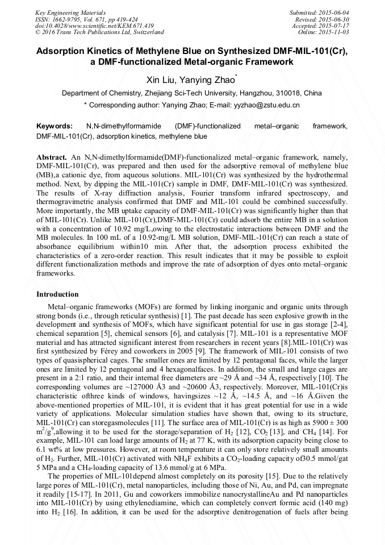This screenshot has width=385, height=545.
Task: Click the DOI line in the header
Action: (86, 26)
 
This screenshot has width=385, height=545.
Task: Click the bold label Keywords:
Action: (54, 126)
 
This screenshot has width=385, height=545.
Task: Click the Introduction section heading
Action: (57, 294)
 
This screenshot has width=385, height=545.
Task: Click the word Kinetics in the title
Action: (112, 51)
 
